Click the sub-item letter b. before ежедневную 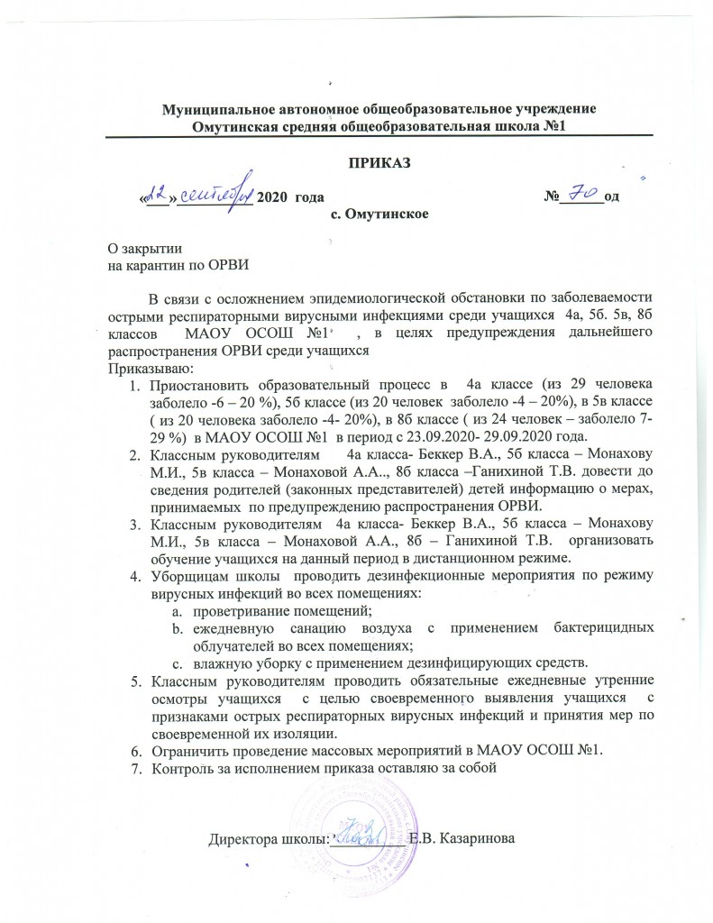pos(178,626)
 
